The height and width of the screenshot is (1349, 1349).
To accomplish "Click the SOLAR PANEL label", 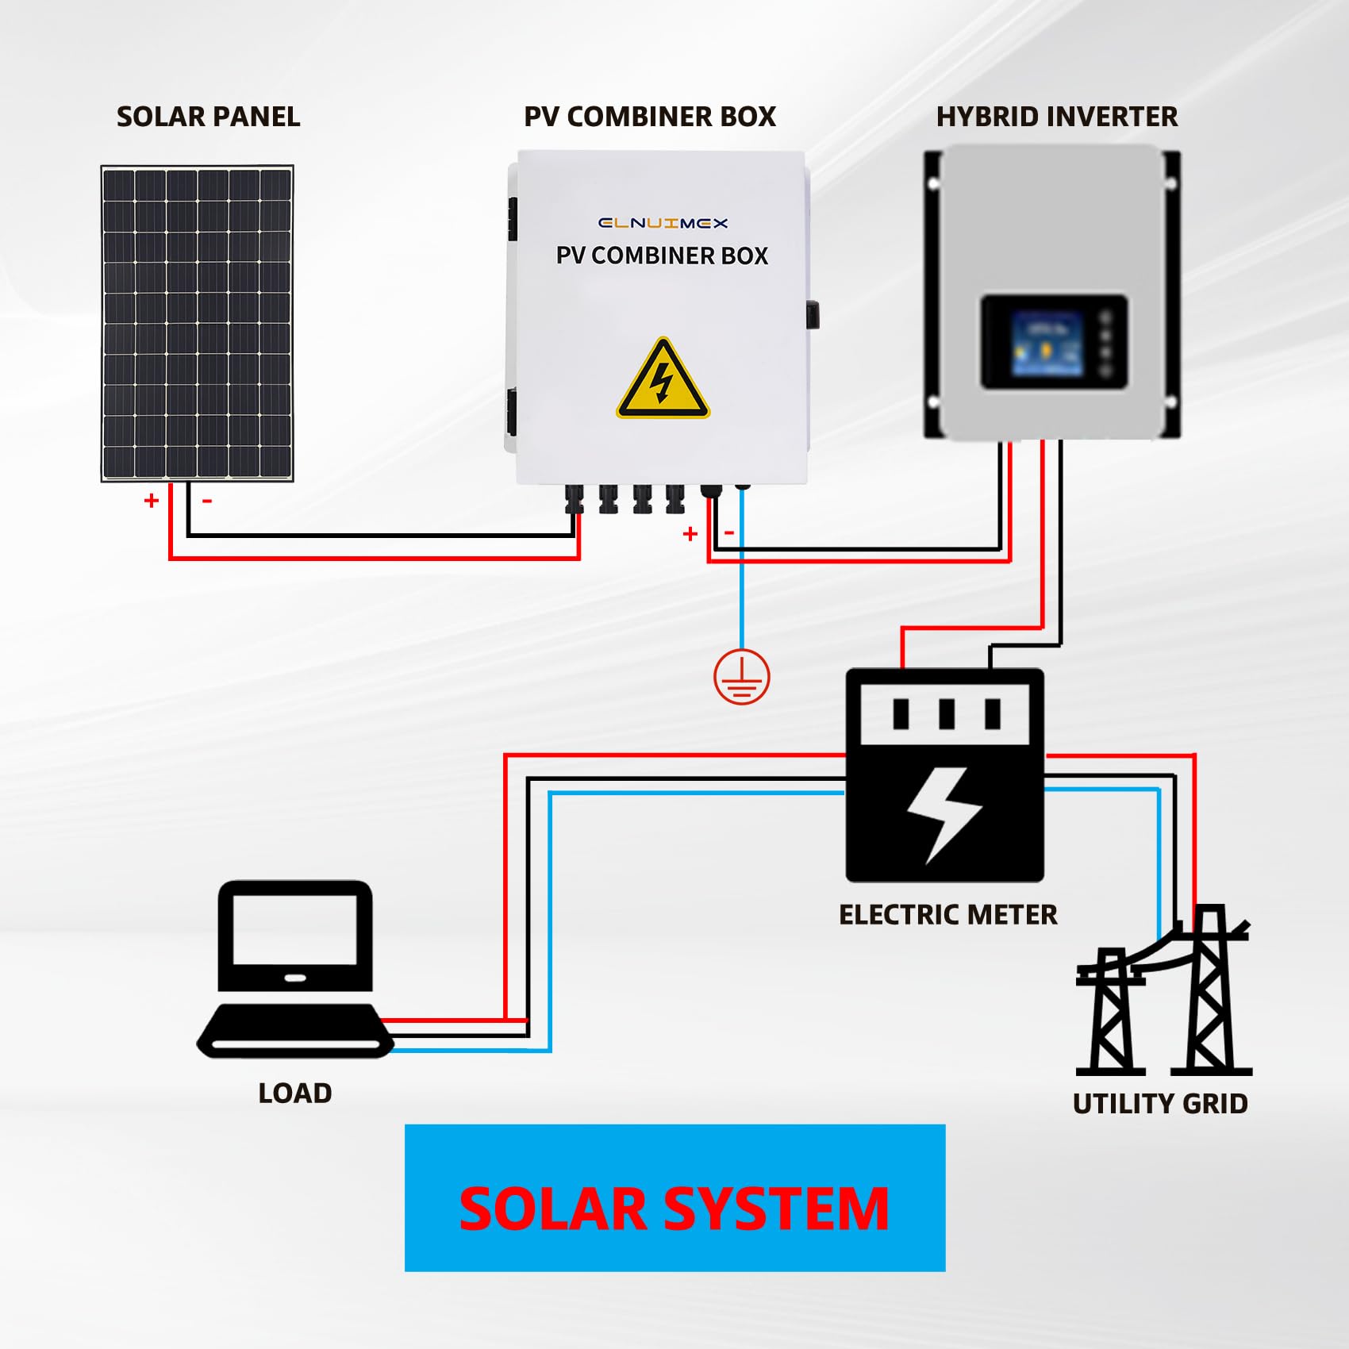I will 208,117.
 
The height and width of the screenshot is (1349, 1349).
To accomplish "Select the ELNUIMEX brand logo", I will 663,223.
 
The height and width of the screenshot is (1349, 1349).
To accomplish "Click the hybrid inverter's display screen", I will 1047,344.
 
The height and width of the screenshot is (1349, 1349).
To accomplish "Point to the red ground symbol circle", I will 741,677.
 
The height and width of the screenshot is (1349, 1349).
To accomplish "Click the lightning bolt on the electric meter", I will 944,813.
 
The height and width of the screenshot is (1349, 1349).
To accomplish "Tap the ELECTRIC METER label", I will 947,914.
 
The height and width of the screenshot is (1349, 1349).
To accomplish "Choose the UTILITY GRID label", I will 1159,1103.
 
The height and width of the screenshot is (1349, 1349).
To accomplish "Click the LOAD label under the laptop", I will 294,1093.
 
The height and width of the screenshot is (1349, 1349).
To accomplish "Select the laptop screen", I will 294,929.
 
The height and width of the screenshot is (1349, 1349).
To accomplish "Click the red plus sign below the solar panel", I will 152,501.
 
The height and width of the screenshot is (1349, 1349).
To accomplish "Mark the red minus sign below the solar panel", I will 207,501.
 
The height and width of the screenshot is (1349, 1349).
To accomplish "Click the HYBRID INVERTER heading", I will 1056,117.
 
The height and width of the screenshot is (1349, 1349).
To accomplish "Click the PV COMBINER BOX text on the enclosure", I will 662,256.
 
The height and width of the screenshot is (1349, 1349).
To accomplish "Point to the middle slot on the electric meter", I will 946,713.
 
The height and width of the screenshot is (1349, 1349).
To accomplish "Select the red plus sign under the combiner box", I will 690,534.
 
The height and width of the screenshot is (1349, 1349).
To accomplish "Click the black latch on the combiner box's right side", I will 813,314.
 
